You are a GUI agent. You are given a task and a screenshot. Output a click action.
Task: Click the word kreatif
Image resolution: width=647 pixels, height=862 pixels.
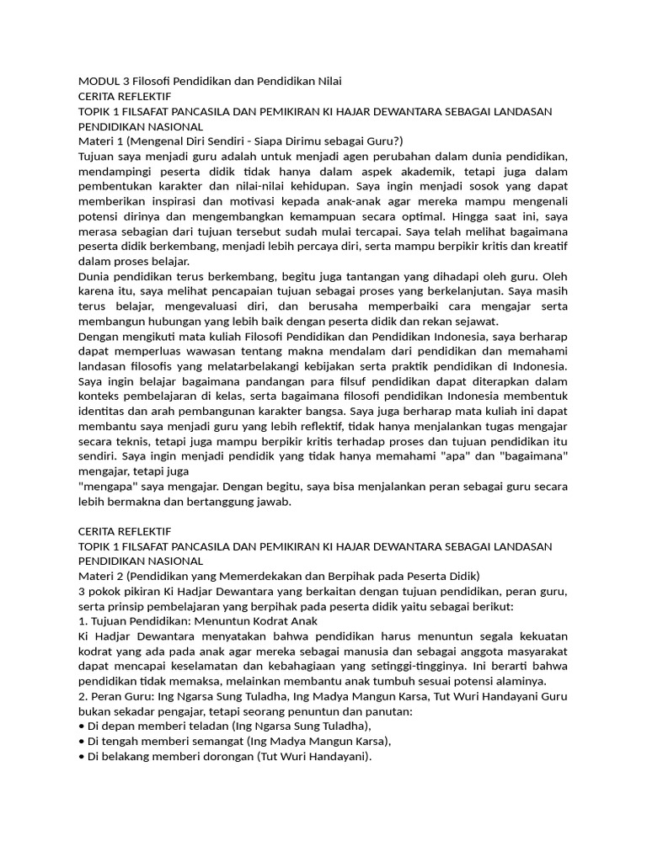547,246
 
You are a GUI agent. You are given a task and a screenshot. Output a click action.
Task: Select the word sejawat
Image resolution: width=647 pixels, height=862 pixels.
473,321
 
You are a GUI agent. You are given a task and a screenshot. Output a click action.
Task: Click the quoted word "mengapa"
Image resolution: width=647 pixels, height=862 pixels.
105,486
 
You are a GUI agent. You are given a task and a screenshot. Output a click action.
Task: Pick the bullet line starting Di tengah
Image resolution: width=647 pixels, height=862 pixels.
235,742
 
